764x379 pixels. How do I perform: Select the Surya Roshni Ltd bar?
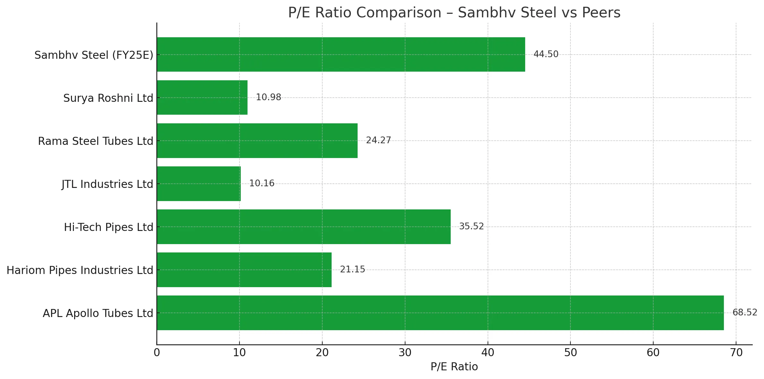pyautogui.click(x=202, y=97)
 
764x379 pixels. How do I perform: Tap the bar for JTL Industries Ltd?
pyautogui.click(x=199, y=184)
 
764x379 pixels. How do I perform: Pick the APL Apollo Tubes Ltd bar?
pyautogui.click(x=440, y=313)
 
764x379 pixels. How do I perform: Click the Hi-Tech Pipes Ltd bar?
pyautogui.click(x=303, y=227)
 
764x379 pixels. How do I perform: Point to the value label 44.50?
pyautogui.click(x=546, y=54)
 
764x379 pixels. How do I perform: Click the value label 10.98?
pyautogui.click(x=268, y=97)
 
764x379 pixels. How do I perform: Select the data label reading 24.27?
pyautogui.click(x=378, y=140)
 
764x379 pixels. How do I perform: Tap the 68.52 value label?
pyautogui.click(x=744, y=313)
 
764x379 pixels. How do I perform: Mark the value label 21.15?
pyautogui.click(x=352, y=269)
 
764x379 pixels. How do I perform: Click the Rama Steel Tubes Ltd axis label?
pyautogui.click(x=95, y=141)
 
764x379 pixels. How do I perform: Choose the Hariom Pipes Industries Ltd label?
pyautogui.click(x=80, y=270)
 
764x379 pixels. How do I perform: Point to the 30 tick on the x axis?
pyautogui.click(x=405, y=353)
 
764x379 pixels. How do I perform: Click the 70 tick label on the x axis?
pyautogui.click(x=736, y=353)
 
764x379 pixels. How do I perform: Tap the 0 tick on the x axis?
pyautogui.click(x=157, y=353)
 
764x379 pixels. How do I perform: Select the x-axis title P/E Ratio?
pyautogui.click(x=454, y=367)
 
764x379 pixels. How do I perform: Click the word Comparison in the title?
pyautogui.click(x=399, y=13)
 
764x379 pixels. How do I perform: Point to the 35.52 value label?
pyautogui.click(x=471, y=226)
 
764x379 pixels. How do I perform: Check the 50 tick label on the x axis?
pyautogui.click(x=570, y=353)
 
